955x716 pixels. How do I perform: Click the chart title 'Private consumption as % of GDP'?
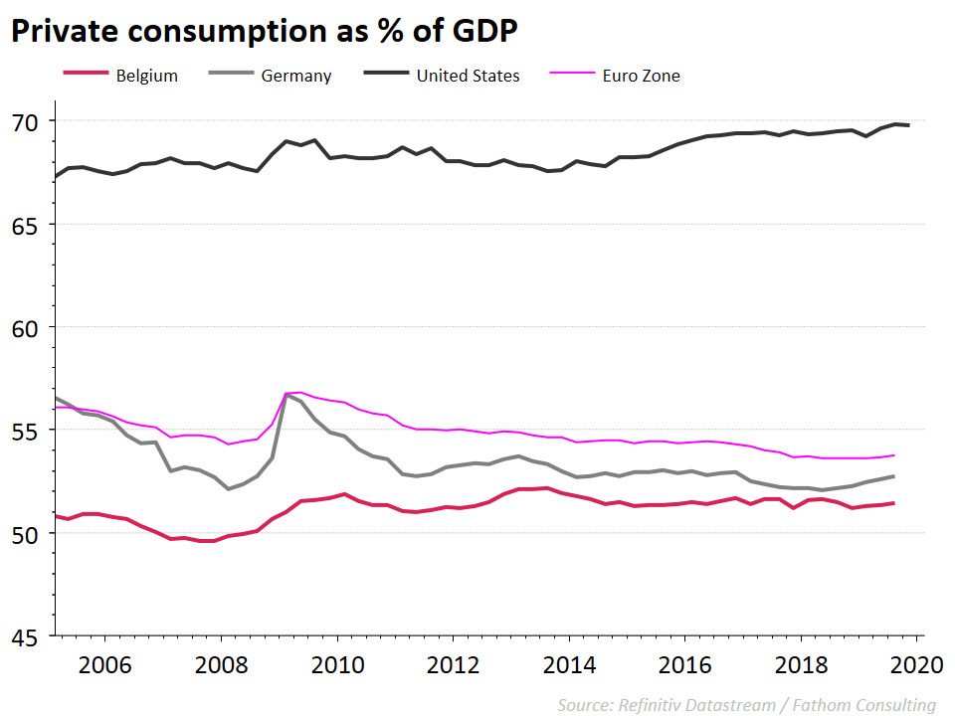(x=264, y=32)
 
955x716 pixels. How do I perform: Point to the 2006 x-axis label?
(x=105, y=663)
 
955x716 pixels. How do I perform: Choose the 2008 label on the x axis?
(x=221, y=663)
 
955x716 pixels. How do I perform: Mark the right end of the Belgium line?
(x=893, y=503)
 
